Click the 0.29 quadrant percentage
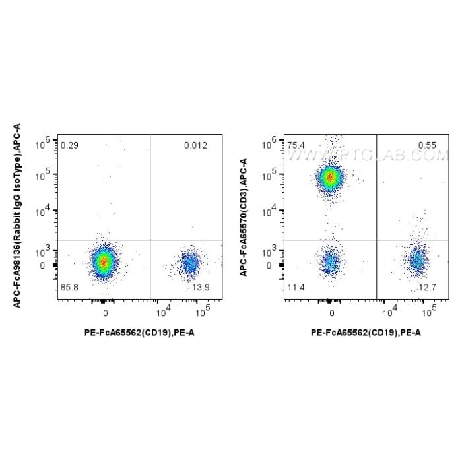click(x=68, y=144)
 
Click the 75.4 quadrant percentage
click(x=296, y=144)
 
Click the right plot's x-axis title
click(x=366, y=332)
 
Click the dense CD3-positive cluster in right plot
click(x=330, y=176)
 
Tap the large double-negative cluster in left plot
click(x=103, y=261)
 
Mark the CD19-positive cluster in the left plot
click(x=190, y=264)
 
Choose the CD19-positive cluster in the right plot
click(x=417, y=259)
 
